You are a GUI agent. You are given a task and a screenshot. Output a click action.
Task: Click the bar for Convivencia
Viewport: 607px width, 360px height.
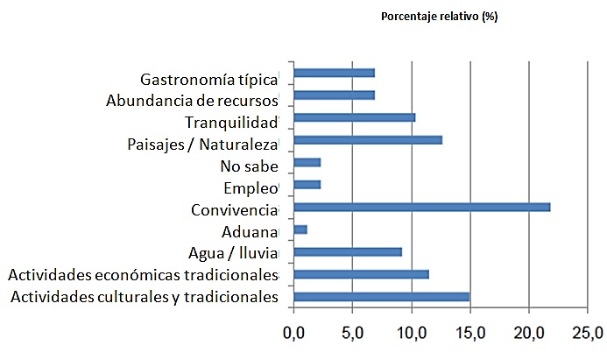point(421,207)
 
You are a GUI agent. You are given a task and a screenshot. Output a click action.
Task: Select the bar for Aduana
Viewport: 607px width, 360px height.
point(300,229)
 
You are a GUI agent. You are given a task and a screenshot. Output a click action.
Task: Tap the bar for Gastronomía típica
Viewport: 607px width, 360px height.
point(334,73)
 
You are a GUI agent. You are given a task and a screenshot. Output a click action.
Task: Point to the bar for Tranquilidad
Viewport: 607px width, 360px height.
point(354,117)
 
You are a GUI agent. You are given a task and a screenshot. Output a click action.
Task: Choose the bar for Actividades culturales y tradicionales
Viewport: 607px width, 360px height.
point(381,297)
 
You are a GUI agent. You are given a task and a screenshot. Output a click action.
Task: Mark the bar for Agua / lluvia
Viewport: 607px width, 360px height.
point(348,251)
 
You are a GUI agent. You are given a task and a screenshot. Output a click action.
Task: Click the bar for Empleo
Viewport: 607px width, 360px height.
point(307,185)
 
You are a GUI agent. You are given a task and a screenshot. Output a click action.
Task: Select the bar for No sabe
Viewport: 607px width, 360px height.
point(307,162)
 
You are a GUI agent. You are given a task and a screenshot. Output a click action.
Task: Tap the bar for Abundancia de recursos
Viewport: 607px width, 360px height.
point(334,95)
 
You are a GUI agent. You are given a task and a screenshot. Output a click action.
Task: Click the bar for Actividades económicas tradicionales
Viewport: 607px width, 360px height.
point(361,274)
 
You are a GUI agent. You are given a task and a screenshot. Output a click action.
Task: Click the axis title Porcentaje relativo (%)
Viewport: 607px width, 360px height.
point(439,17)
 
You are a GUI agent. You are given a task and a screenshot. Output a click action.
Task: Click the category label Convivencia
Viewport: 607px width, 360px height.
point(233,210)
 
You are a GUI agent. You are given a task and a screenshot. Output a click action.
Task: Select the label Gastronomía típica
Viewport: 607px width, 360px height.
point(208,79)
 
